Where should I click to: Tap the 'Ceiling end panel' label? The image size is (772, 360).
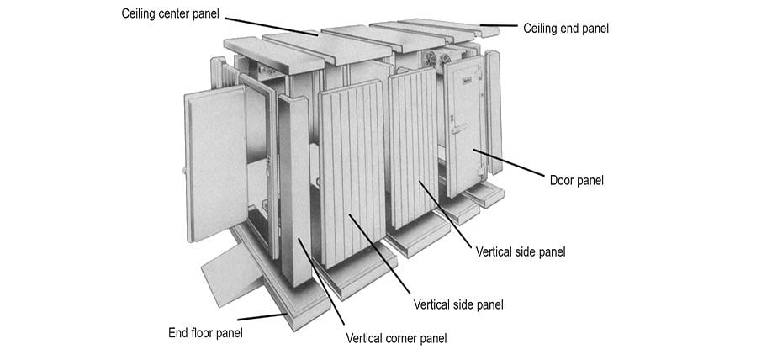pyautogui.click(x=565, y=29)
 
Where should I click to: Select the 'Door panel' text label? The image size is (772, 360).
pyautogui.click(x=576, y=180)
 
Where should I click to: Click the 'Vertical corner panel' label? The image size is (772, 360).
pyautogui.click(x=396, y=338)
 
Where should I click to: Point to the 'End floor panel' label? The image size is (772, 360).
pyautogui.click(x=205, y=332)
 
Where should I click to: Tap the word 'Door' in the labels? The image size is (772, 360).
pyautogui.click(x=563, y=180)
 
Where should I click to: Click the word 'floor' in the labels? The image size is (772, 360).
pyautogui.click(x=204, y=332)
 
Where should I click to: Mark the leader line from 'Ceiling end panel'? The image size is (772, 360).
pyautogui.click(x=499, y=25)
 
